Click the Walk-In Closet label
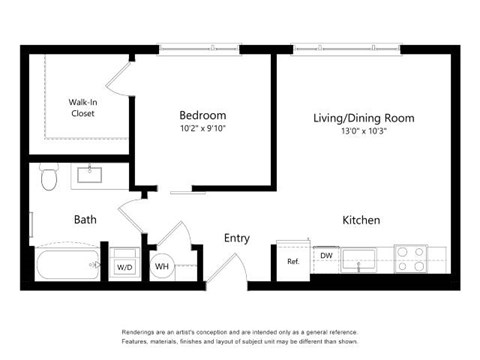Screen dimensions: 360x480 coord(82,107)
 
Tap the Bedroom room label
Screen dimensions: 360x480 coord(202,115)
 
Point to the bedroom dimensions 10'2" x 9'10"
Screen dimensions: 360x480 coord(202,129)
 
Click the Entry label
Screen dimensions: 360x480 coord(237,238)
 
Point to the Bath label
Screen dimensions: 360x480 coord(85,220)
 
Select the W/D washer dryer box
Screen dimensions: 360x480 coord(124,267)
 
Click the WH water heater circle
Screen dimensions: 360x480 coord(162,267)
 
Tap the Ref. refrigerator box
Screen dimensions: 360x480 coord(293,262)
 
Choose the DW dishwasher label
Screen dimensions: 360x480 coord(326,256)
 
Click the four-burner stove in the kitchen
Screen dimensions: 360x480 coord(411,260)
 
